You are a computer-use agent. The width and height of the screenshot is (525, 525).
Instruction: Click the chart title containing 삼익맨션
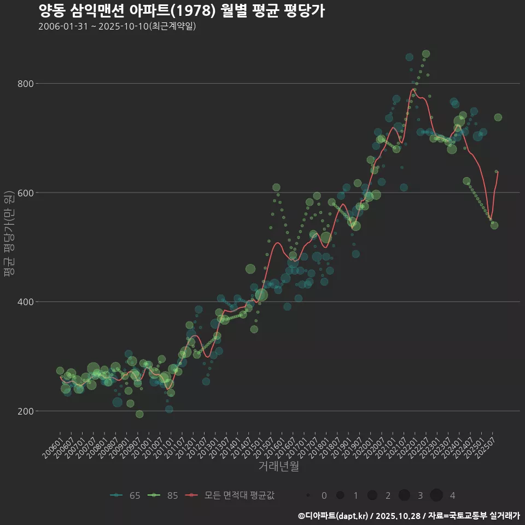coord(182,11)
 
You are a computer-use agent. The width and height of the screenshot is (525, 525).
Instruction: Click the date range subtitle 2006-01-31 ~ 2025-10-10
coord(117,26)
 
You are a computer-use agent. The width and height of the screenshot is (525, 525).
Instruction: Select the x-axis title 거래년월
coord(278,466)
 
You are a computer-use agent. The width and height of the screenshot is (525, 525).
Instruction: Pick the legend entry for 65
coord(125,495)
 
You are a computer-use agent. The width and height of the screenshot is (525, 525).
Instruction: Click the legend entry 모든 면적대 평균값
coord(230,495)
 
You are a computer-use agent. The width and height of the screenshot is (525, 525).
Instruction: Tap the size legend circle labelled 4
coord(436,495)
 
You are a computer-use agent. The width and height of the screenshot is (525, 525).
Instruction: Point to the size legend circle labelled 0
coord(308,495)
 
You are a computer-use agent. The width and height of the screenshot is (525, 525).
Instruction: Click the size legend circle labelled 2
coord(372,495)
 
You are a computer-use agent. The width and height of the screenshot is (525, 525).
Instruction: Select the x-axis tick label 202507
coord(487,444)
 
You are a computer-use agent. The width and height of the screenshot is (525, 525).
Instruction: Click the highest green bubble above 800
coord(426,54)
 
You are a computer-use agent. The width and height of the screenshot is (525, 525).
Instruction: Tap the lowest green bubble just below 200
coord(139,414)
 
